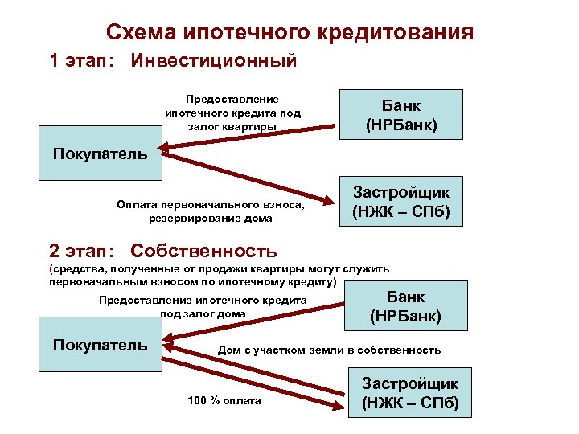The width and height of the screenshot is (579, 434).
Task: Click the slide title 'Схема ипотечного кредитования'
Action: pos(289,32)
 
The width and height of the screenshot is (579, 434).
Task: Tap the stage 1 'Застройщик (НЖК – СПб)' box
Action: pos(401,203)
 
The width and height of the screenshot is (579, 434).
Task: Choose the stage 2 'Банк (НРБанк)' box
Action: pos(405,306)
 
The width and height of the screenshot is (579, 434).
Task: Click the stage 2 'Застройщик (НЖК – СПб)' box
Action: pos(410,393)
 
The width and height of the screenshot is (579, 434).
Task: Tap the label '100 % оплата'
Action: pos(224,400)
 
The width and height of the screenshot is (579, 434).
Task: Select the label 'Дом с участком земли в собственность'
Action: pos(329,350)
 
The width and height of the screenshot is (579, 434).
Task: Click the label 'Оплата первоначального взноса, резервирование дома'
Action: pos(211,211)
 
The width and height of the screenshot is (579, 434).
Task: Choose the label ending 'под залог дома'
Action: pos(203,306)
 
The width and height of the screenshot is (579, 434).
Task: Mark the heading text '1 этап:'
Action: pos(82,61)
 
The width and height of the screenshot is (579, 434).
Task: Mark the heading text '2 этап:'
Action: pos(82,251)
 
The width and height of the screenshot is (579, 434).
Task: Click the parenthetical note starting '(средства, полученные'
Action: pos(219,276)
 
